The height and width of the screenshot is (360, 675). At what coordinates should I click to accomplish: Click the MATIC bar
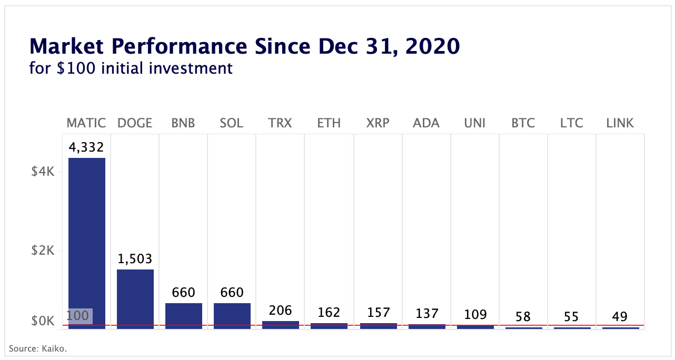86,242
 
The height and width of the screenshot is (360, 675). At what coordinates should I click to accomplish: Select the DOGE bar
135,298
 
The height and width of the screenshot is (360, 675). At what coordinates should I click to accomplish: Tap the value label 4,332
86,147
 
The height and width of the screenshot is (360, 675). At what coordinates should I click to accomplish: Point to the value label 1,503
135,259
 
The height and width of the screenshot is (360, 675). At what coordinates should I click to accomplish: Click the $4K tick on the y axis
43,172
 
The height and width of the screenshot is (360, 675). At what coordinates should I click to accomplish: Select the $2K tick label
43,251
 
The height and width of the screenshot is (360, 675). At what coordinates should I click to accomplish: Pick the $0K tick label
43,321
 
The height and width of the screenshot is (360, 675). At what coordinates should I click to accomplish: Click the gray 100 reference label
78,316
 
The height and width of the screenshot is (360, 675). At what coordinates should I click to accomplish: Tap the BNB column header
183,123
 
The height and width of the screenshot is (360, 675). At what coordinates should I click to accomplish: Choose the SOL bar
232,315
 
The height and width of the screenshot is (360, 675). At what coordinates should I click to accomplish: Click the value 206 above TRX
280,311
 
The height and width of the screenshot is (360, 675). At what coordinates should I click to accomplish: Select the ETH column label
329,123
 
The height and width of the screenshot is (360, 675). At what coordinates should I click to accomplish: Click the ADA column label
426,123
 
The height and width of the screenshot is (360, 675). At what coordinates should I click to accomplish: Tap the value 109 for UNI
474,315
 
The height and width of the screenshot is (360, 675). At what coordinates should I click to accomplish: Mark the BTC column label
523,123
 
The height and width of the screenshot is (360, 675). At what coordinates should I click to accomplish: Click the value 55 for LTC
571,317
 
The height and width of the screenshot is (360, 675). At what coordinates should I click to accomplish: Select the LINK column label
620,123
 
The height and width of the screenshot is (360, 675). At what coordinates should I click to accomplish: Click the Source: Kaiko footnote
38,348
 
